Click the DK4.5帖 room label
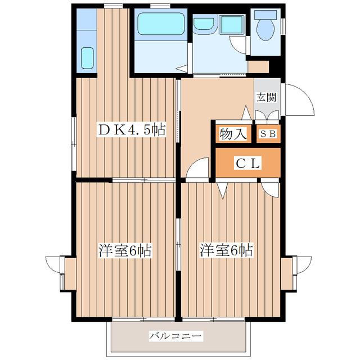[131, 130]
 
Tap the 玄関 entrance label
[266, 97]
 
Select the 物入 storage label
[233, 134]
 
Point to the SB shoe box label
[268, 134]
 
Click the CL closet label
[247, 163]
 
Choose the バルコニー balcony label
[175, 336]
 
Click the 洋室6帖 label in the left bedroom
[125, 250]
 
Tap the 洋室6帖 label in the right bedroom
[226, 250]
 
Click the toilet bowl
[265, 30]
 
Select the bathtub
[161, 24]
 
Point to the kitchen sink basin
[88, 58]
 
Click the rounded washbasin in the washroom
[204, 24]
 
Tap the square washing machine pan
[231, 25]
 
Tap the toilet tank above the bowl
[265, 15]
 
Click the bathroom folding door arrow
[182, 69]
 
